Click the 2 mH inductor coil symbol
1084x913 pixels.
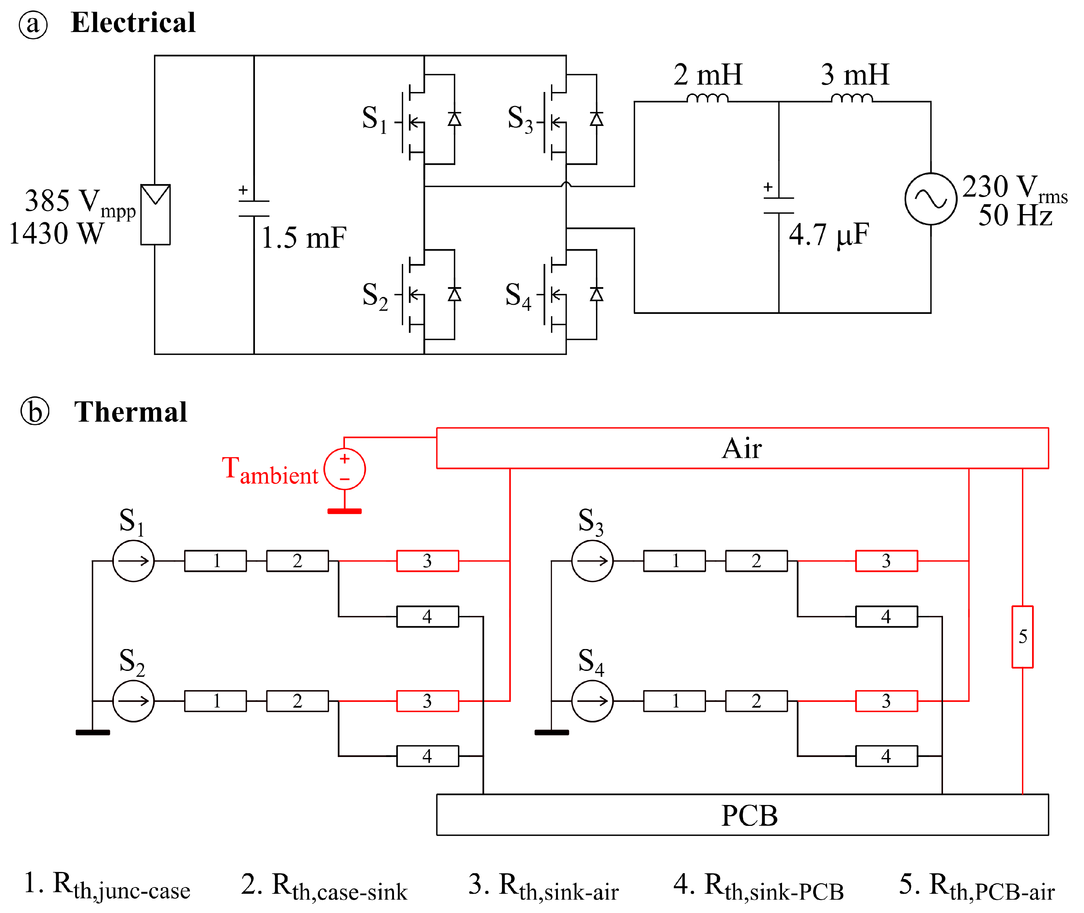coord(707,98)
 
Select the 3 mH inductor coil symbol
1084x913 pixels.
coord(852,98)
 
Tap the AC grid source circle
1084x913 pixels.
coord(930,199)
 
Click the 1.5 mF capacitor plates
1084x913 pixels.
coord(254,208)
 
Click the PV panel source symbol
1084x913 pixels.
coord(155,214)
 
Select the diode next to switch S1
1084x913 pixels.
coord(454,119)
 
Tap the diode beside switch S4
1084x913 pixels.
coord(596,295)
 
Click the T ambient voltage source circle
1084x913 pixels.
coord(345,469)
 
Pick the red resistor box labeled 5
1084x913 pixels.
coord(1022,637)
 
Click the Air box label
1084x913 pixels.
coord(742,448)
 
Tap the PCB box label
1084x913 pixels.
coord(749,816)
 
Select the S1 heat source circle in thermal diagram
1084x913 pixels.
coord(134,561)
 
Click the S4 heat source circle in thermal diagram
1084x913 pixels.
coord(592,701)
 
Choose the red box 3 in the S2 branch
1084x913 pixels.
coord(428,701)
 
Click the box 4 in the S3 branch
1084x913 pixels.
coord(886,616)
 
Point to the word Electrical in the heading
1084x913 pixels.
coord(134,23)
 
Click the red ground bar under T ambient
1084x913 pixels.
coord(345,511)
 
